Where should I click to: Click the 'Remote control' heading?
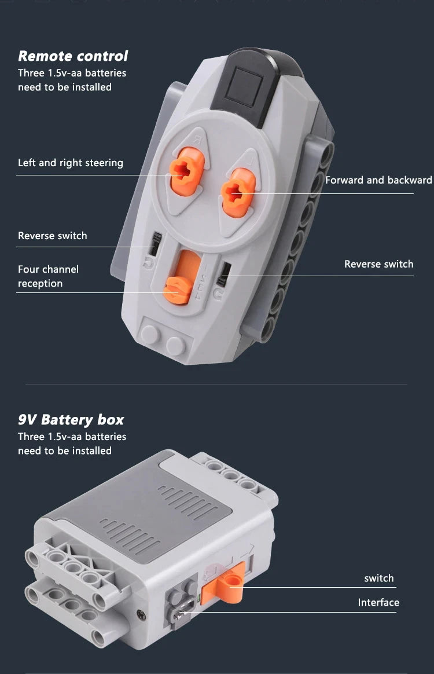tap(73, 56)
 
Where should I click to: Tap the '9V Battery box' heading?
tap(71, 420)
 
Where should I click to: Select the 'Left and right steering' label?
tap(71, 163)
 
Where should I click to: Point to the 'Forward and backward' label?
tap(378, 180)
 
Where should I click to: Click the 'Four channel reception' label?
tap(48, 276)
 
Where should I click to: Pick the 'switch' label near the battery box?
tap(379, 578)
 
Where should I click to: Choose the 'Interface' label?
tap(378, 603)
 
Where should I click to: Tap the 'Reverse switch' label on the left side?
tap(53, 236)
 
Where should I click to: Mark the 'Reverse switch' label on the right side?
tap(378, 264)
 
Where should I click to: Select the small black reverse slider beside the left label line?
tap(155, 244)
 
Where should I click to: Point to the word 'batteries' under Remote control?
tap(105, 73)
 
